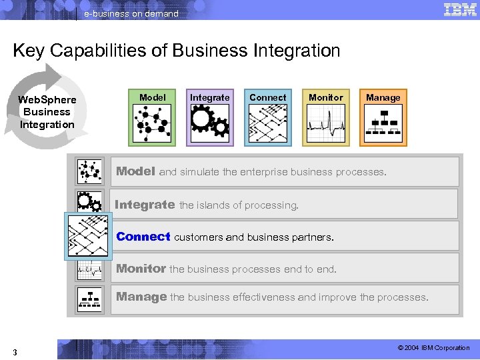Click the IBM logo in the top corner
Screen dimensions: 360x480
[x=459, y=9]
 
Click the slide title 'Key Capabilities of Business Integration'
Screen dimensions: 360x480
[x=176, y=51]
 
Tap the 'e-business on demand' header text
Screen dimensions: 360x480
[x=131, y=13]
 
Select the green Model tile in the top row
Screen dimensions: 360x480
[x=152, y=117]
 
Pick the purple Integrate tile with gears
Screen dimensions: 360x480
[x=210, y=117]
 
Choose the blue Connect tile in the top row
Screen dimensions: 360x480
[x=267, y=117]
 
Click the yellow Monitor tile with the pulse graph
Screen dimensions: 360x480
[x=325, y=117]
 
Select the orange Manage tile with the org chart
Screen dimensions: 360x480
[x=383, y=117]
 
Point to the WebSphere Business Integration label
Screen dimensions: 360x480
[x=47, y=112]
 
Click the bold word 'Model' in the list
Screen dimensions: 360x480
[x=135, y=171]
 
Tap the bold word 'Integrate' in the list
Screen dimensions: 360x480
[x=145, y=205]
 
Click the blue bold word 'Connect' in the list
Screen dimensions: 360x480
[x=143, y=237]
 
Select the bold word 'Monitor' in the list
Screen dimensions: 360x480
[x=141, y=269]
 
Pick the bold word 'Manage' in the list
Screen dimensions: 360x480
[x=141, y=297]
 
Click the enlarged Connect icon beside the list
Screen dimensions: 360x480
[x=88, y=236]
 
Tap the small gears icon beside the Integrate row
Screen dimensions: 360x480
[x=89, y=202]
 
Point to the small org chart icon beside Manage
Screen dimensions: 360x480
[x=89, y=300]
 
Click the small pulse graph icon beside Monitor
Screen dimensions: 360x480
[x=89, y=269]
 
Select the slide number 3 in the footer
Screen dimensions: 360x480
[x=15, y=351]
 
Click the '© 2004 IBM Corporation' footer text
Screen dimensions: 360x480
[x=433, y=348]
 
